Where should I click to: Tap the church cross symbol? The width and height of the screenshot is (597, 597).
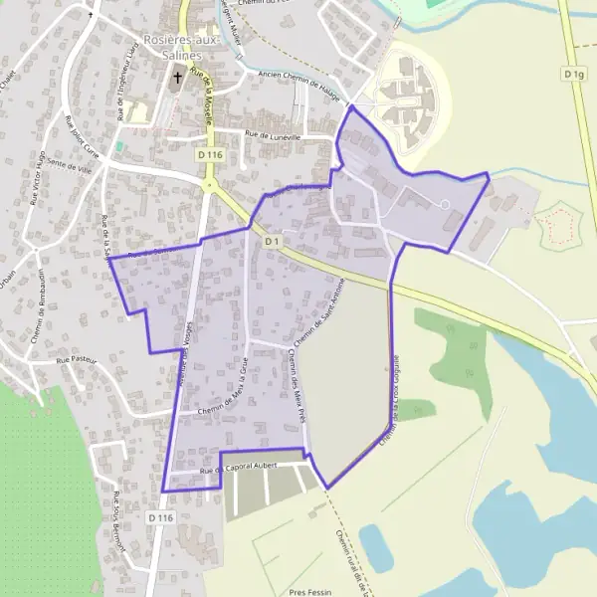coord(179,78)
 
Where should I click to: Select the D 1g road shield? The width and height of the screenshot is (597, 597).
coord(573,74)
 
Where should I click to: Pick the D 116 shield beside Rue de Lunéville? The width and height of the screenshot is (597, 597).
coord(208,154)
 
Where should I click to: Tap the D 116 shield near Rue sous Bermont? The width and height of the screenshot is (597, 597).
coord(160,518)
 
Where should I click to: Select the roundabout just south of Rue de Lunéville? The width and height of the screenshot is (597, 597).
coord(210,185)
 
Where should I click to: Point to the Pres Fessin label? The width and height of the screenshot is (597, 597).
coord(309,591)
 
